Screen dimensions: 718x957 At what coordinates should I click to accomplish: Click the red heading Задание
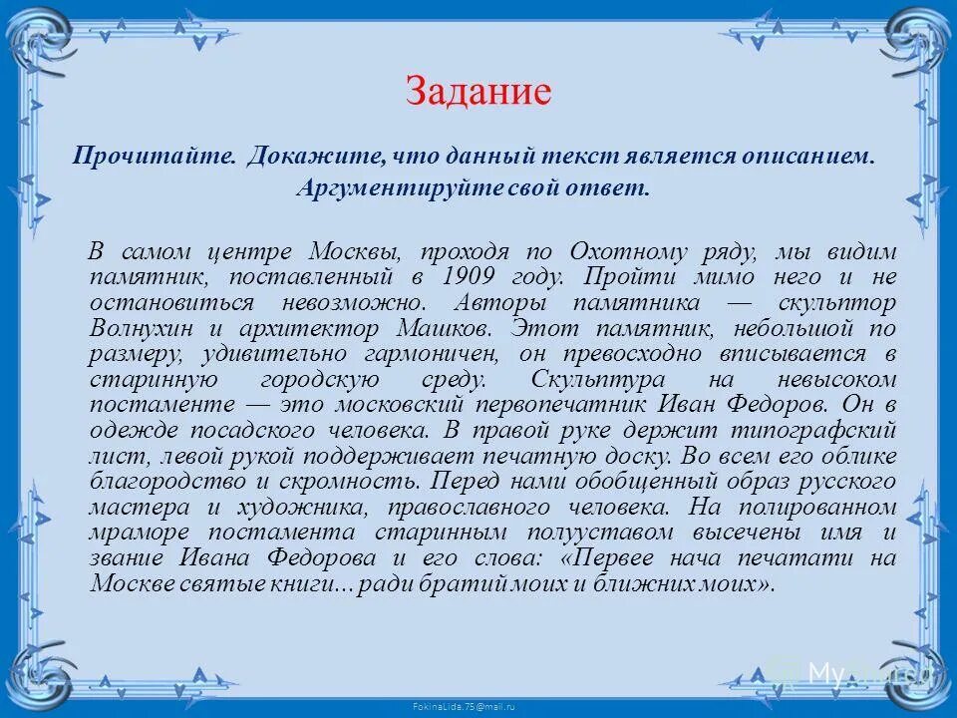[x=478, y=92]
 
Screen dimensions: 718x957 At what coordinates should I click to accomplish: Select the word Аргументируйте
[x=381, y=188]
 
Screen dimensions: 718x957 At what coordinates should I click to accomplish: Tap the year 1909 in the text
[x=472, y=276]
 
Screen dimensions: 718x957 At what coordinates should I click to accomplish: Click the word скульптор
[x=836, y=302]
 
